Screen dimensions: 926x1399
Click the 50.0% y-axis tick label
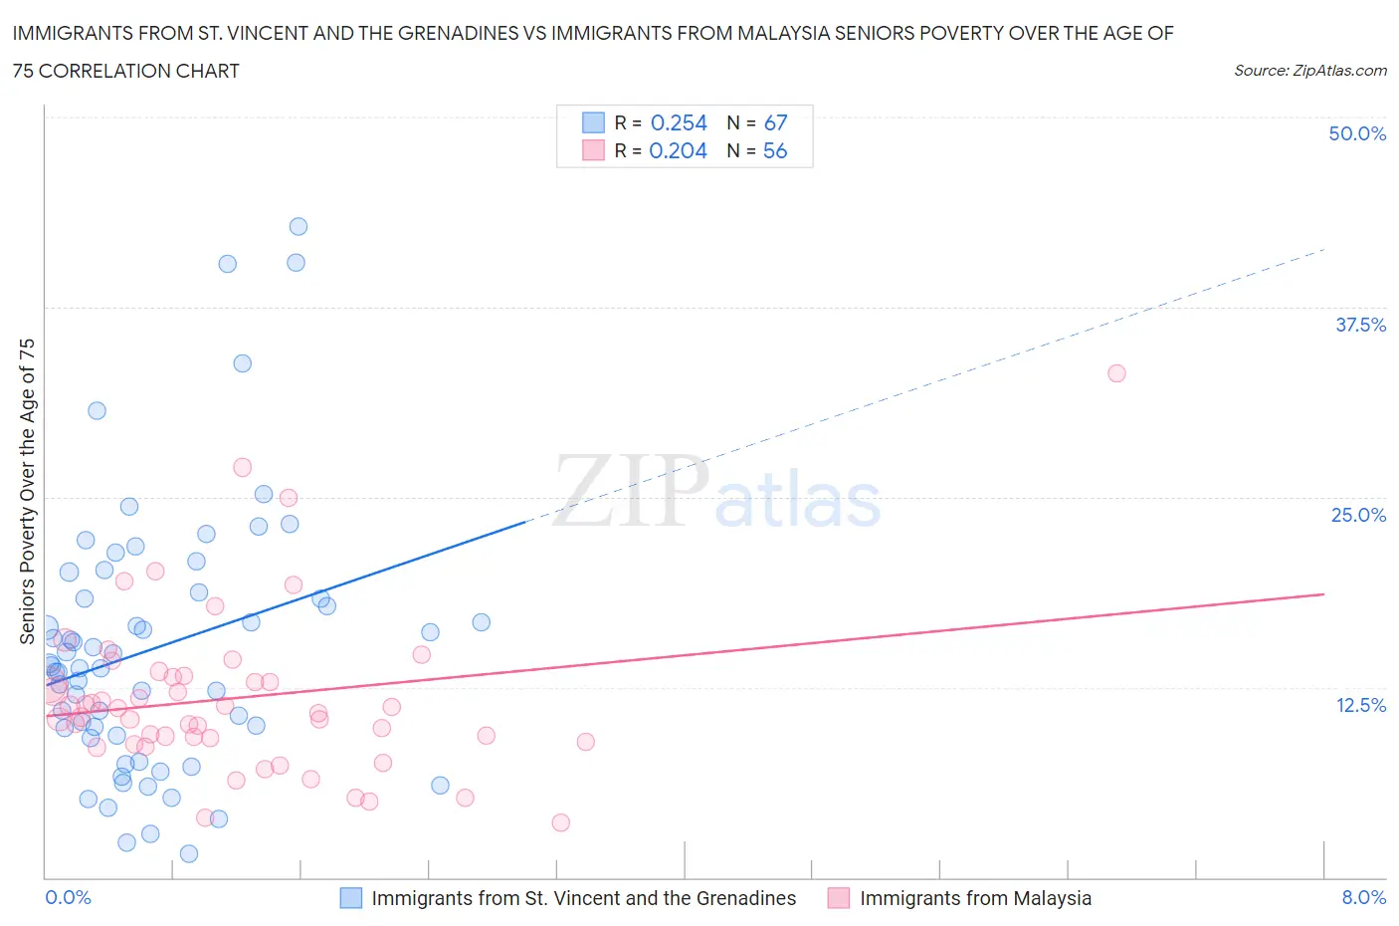pos(1357,133)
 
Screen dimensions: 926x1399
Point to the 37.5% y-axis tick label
pos(1360,325)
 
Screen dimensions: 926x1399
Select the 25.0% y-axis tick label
pos(1358,515)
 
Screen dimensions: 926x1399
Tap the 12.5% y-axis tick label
pos(1360,705)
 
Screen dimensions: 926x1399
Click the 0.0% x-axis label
pos(68,897)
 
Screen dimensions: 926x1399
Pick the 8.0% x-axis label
pos(1363,897)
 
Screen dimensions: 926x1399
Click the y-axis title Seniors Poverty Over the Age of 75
pos(27,491)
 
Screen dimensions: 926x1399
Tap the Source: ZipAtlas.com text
pos(1309,71)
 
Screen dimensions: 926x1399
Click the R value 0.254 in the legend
pos(679,122)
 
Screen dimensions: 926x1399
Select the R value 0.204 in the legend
pos(678,150)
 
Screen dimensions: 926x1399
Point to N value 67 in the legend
pos(775,122)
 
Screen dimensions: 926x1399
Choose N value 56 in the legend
pos(774,150)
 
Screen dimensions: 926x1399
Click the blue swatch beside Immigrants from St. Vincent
pos(351,898)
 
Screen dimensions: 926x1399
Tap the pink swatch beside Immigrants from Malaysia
pos(839,898)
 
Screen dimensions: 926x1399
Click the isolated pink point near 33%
pos(1116,373)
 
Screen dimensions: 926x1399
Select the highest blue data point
pos(298,226)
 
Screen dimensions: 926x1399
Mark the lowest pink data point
pos(560,822)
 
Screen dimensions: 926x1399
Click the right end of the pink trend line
pos(1323,594)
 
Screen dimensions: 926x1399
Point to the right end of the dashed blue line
pos(1323,249)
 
